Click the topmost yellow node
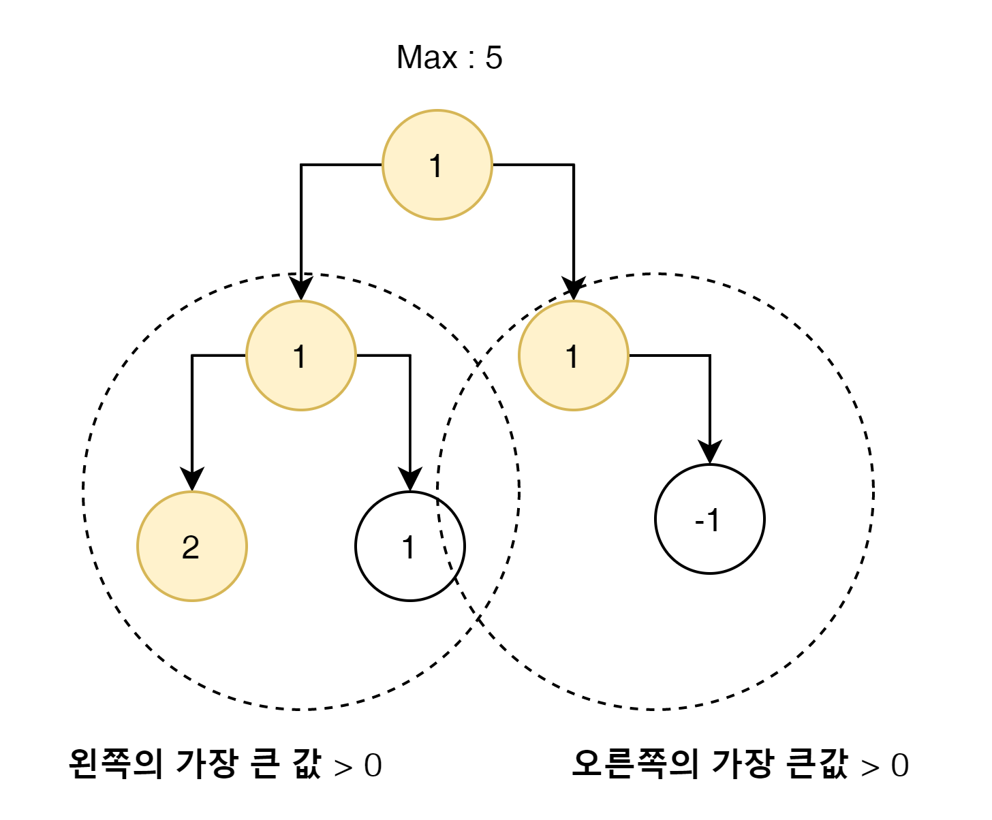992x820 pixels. (x=437, y=165)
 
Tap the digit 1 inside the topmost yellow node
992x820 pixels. (x=436, y=166)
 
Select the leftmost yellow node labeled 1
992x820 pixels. (x=301, y=356)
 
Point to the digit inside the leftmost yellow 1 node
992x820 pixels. (x=300, y=357)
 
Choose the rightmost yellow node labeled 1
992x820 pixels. (x=574, y=356)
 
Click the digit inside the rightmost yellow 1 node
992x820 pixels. (x=572, y=357)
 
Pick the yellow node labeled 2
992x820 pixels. (x=192, y=546)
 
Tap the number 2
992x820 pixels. (x=191, y=548)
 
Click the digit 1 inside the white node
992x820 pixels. (x=409, y=548)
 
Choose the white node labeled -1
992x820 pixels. (x=710, y=519)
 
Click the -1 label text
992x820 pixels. (x=708, y=521)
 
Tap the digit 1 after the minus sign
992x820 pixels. (x=713, y=521)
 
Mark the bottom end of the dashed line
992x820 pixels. (x=451, y=569)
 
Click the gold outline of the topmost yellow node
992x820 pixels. (x=437, y=110)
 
